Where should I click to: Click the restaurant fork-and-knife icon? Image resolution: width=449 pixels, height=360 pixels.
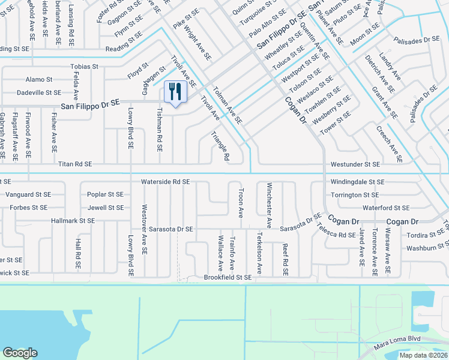pos(175,92)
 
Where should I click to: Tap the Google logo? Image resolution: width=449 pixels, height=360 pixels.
pos(20,353)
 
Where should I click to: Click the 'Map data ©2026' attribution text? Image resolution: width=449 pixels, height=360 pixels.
pos(424,355)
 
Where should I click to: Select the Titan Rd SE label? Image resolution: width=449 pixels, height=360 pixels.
pos(75,164)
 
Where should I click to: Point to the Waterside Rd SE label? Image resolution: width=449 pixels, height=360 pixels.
pos(165,181)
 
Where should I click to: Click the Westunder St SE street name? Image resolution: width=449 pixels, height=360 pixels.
pos(355,164)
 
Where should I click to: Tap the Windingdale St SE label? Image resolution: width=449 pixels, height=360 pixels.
pos(357,181)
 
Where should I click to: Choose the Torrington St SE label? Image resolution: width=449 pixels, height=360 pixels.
pos(355,195)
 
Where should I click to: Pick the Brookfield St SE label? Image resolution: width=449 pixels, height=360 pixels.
pos(228,277)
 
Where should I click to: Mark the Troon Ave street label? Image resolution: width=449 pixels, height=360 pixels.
pos(241,205)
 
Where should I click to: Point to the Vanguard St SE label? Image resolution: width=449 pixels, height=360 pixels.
pos(28,195)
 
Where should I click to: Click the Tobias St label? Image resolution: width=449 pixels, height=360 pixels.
pos(84,67)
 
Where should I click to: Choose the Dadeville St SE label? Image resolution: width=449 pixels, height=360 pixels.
pos(39,92)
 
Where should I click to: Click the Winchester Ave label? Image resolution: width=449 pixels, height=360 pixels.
pos(270,205)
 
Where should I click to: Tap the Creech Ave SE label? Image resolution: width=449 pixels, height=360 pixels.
pos(388,144)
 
